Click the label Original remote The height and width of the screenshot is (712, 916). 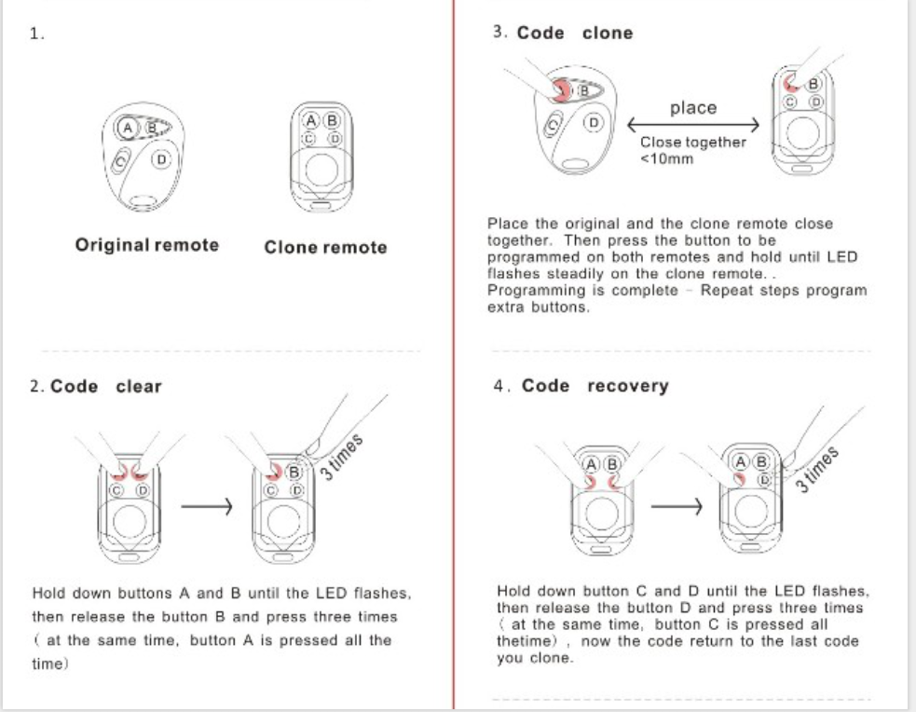[x=147, y=245]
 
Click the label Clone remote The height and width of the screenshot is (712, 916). [x=325, y=247]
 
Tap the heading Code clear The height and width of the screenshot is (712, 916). [x=106, y=386]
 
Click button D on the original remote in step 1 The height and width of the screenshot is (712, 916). [x=162, y=160]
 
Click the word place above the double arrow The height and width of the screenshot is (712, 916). [x=693, y=108]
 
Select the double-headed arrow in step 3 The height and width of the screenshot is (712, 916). [x=693, y=126]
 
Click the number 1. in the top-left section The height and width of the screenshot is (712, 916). [x=37, y=34]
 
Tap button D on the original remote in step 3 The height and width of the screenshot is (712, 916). [x=594, y=122]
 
